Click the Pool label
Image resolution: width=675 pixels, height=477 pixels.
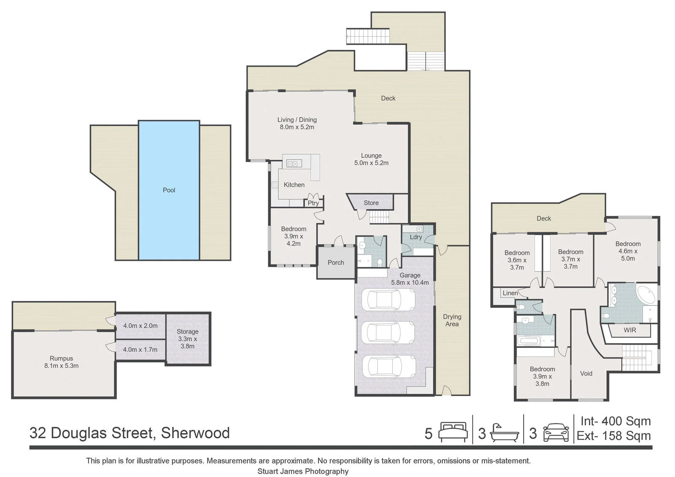click(169, 190)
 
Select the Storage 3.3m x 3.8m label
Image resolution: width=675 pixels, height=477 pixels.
click(187, 339)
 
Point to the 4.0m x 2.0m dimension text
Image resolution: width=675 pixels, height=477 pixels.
click(140, 326)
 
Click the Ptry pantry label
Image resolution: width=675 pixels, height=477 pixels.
click(313, 203)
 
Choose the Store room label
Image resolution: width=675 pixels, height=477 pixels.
click(371, 203)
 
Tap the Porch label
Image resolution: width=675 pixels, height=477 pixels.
click(336, 262)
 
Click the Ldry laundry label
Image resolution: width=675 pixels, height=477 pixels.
click(416, 237)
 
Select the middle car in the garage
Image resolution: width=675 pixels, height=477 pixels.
click(388, 333)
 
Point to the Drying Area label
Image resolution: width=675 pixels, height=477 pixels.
click(452, 320)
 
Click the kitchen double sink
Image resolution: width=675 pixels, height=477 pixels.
click(294, 164)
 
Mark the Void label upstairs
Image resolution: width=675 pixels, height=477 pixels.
click(586, 374)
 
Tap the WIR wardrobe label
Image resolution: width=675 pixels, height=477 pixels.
click(630, 330)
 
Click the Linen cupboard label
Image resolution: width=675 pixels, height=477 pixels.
click(510, 293)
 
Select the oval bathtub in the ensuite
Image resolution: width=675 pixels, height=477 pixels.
click(646, 295)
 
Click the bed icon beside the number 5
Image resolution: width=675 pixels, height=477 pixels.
click(453, 432)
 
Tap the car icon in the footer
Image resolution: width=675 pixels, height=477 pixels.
click(556, 432)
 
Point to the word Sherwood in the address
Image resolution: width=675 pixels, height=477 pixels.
click(195, 433)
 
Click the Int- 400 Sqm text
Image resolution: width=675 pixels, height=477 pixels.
click(616, 421)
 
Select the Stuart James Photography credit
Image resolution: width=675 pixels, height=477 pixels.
click(303, 471)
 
